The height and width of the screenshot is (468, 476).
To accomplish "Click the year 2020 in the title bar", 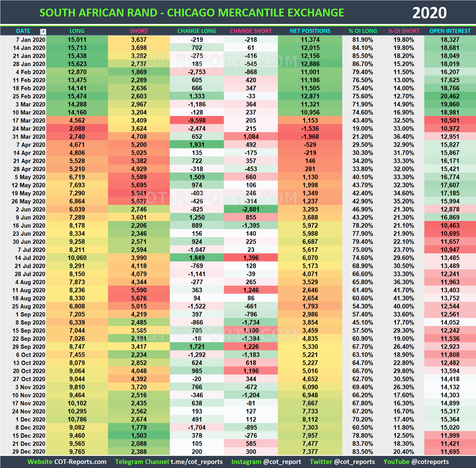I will point(429,13).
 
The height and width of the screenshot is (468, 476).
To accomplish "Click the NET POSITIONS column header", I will point(310,31).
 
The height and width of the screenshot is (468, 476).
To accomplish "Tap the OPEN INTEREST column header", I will point(450,31).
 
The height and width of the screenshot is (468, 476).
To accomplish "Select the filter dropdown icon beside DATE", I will point(43,31).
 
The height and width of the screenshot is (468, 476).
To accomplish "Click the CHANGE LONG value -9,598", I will point(197,120).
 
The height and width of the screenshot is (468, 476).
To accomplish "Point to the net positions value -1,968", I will point(310,136).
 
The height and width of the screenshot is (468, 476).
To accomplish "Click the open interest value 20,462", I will point(450,96).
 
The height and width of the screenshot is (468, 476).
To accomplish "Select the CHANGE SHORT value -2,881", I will point(251,209).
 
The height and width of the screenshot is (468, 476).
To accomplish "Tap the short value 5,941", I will point(139,193).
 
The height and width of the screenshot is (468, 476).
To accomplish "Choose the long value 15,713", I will point(77,48).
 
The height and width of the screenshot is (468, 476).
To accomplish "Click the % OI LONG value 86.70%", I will point(362,64).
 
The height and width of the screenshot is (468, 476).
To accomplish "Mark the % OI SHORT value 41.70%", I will point(404,290).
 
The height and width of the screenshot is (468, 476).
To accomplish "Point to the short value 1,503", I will point(139,435).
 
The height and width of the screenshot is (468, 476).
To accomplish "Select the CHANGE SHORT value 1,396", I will point(251,258).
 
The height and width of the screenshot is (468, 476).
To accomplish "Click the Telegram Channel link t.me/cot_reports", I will point(196,462).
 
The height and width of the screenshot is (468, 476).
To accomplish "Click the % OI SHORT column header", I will point(404,31).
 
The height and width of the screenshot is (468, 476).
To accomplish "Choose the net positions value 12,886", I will point(310,64).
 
